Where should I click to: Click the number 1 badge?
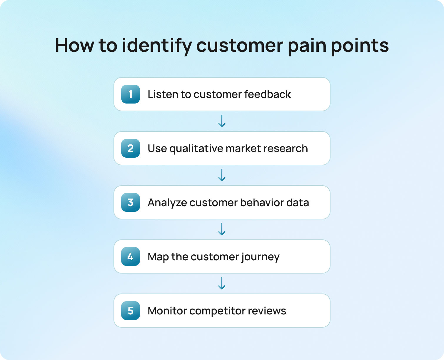[131, 94]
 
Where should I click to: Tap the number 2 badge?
[131, 148]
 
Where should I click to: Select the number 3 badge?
[131, 202]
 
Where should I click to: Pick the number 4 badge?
[131, 256]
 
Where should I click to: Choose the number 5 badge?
[131, 311]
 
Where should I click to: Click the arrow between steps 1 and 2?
[222, 121]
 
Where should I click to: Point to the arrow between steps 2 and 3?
[222, 175]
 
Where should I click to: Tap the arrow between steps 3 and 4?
[222, 229]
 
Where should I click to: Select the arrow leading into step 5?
[222, 283]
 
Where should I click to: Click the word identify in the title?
[156, 46]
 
